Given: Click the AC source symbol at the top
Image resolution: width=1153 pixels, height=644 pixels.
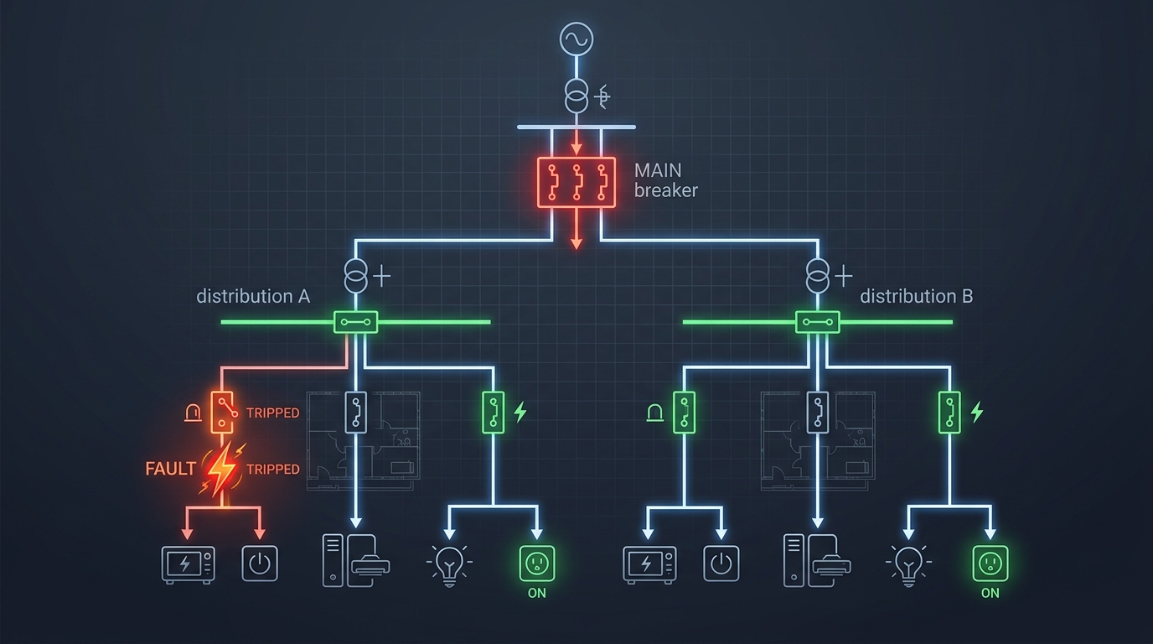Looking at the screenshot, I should (x=576, y=39).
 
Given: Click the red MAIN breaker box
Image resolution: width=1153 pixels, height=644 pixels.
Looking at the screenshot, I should (x=576, y=181).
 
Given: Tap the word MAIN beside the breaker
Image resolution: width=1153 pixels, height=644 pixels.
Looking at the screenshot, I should (x=659, y=170).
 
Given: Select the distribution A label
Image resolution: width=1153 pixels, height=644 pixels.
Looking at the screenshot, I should (x=253, y=296).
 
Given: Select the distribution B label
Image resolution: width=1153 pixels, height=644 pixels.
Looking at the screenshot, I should (x=916, y=296).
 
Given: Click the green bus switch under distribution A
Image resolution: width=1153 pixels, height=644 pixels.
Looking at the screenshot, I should (x=356, y=321).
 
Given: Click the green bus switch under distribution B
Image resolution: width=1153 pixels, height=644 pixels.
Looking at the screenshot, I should (x=817, y=321).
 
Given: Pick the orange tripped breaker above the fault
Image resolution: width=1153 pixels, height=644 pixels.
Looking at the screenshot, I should (x=222, y=412).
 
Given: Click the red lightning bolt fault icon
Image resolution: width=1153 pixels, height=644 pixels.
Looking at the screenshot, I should (x=221, y=469).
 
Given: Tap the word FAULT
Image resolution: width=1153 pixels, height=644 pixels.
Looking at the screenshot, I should (x=170, y=470).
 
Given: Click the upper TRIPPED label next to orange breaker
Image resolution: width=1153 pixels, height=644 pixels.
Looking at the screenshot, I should (x=272, y=413).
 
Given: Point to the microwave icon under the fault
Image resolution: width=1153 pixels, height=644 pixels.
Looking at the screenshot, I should (x=188, y=564).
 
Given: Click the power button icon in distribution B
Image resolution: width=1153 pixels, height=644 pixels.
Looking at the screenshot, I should (x=721, y=563).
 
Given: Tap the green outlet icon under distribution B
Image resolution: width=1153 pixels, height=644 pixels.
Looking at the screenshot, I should (x=990, y=563).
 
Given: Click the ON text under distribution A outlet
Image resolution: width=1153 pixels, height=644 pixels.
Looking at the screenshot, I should (x=536, y=593).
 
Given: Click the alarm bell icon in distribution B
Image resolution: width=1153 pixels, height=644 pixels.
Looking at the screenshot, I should (x=654, y=412).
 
